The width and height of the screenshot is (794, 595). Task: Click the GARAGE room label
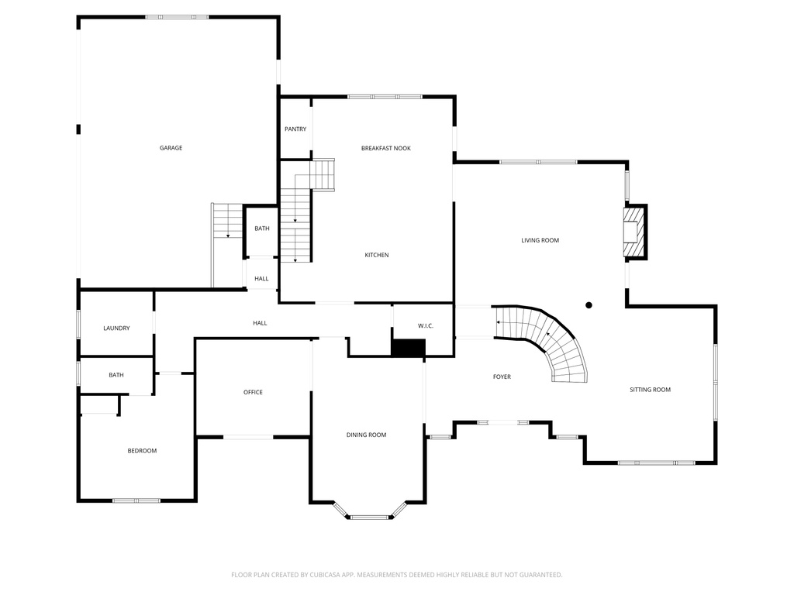point(171,148)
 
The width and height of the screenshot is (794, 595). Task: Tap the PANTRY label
point(295,129)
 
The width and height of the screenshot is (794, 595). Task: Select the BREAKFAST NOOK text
point(385,148)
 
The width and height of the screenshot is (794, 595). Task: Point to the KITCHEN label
point(377,255)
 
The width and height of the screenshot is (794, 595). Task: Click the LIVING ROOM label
point(540,240)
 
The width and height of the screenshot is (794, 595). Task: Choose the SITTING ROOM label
point(650,390)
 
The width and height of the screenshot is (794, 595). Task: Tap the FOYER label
point(502,377)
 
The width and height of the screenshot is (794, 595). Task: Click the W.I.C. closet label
point(425,326)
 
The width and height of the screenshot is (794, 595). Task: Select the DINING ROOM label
point(366,435)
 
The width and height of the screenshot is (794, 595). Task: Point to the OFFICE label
point(253,392)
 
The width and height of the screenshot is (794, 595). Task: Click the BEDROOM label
point(142,451)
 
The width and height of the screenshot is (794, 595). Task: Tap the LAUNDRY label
point(116,328)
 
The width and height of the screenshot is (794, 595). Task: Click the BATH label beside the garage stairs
point(262,229)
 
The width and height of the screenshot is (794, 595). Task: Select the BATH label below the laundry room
point(116,375)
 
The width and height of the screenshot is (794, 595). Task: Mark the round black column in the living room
point(589,305)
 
